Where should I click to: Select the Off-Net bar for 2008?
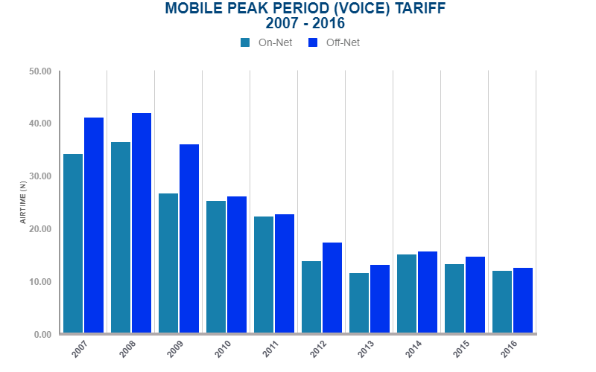[142, 223]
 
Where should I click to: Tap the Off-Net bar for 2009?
[189, 239]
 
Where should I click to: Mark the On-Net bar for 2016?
[502, 302]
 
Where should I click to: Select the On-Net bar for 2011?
[264, 275]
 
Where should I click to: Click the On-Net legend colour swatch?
[245, 42]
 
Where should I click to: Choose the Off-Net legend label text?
[343, 42]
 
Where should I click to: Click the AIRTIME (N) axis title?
[23, 203]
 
